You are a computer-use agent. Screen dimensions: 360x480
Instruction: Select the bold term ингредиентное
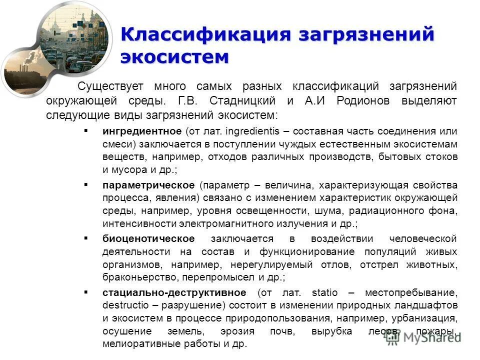click(141, 131)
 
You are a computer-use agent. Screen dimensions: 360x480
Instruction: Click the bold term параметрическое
click(148, 185)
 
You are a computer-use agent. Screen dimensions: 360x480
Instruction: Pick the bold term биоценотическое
click(148, 238)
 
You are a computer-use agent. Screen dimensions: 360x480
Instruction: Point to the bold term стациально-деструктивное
click(174, 292)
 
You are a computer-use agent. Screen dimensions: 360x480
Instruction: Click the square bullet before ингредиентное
click(86, 131)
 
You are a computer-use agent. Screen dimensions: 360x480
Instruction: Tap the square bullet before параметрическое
click(86, 184)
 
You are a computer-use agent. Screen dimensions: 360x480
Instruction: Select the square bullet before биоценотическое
click(86, 238)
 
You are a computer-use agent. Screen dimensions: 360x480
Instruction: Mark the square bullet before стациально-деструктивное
click(86, 292)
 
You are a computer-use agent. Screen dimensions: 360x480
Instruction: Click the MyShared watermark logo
click(422, 336)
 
